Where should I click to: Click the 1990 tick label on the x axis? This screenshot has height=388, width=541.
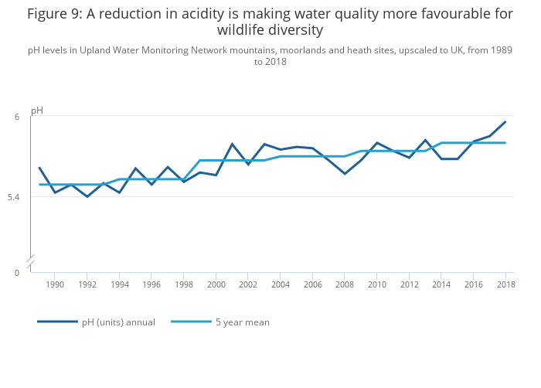point(55,284)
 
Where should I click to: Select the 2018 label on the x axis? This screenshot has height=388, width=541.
point(506,284)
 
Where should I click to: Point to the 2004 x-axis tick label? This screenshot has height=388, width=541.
point(281,284)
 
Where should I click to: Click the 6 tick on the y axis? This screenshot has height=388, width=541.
point(16,117)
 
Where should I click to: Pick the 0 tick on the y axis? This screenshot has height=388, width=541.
point(16,273)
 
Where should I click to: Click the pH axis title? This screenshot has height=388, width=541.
point(37,111)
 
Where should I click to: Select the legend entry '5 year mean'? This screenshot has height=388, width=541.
point(242,322)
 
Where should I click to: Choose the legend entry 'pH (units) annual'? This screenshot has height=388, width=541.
point(118,322)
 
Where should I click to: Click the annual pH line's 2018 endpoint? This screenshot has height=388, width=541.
point(505,121)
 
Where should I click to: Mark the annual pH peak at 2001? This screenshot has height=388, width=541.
point(232,144)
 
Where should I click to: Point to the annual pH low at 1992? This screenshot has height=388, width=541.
point(87,196)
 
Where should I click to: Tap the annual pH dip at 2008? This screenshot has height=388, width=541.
point(345,174)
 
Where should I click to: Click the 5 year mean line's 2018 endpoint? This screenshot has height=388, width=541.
point(505,143)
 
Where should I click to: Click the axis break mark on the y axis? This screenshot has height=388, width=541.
point(30,263)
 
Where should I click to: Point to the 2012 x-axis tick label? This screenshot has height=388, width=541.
point(409,284)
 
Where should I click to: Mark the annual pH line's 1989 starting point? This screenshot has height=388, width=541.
point(39,168)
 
